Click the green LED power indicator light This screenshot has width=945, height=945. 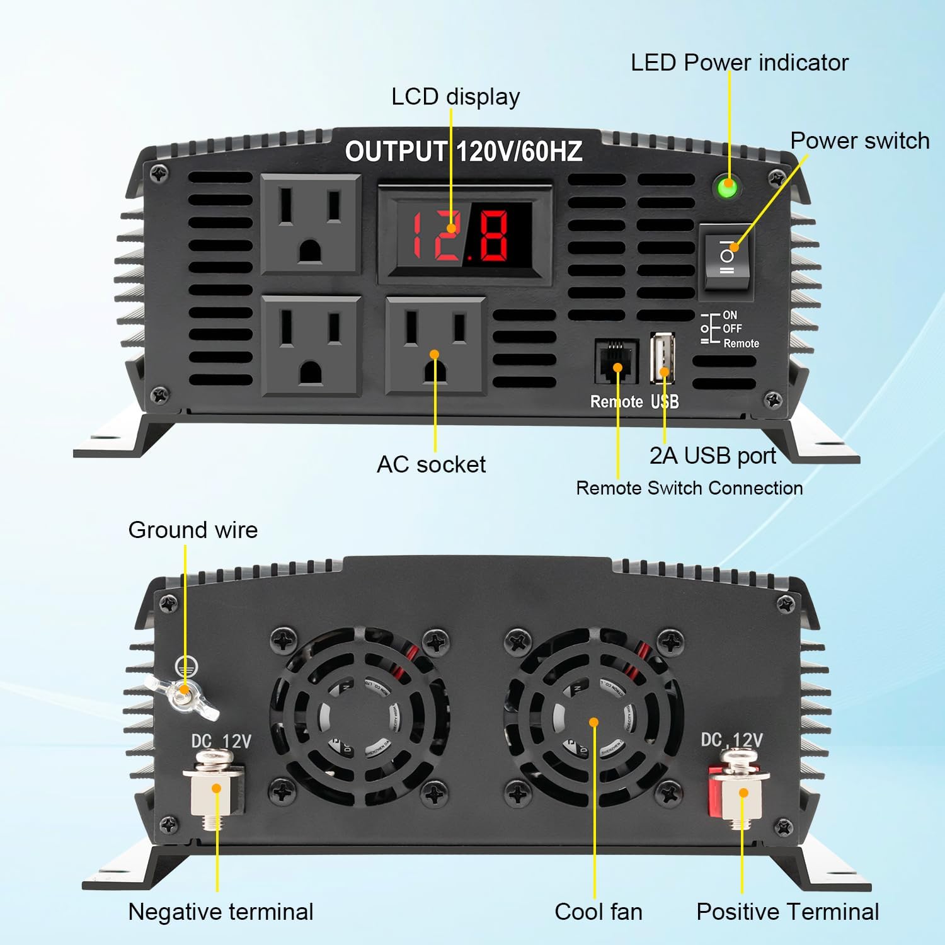pos(728,188)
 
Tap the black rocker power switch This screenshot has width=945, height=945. pos(726,256)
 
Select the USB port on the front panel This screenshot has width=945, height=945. pos(663,357)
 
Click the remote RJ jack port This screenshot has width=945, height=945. pos(616,361)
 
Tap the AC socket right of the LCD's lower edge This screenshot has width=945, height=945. pos(435,346)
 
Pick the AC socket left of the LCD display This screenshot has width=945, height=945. pos(311,224)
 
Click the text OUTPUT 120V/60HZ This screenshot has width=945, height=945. pos(463,152)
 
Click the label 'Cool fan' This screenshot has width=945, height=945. pos(598,912)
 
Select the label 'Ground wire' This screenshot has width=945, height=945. pos(193,530)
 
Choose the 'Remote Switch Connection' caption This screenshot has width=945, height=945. pos(689,488)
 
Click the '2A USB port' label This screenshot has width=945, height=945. pos(712,455)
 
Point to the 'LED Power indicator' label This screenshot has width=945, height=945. pos(739,62)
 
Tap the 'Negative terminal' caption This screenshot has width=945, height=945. pos(220,912)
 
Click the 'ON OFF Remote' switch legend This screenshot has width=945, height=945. pos(731,329)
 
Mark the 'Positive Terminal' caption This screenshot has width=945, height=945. pos(787,912)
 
